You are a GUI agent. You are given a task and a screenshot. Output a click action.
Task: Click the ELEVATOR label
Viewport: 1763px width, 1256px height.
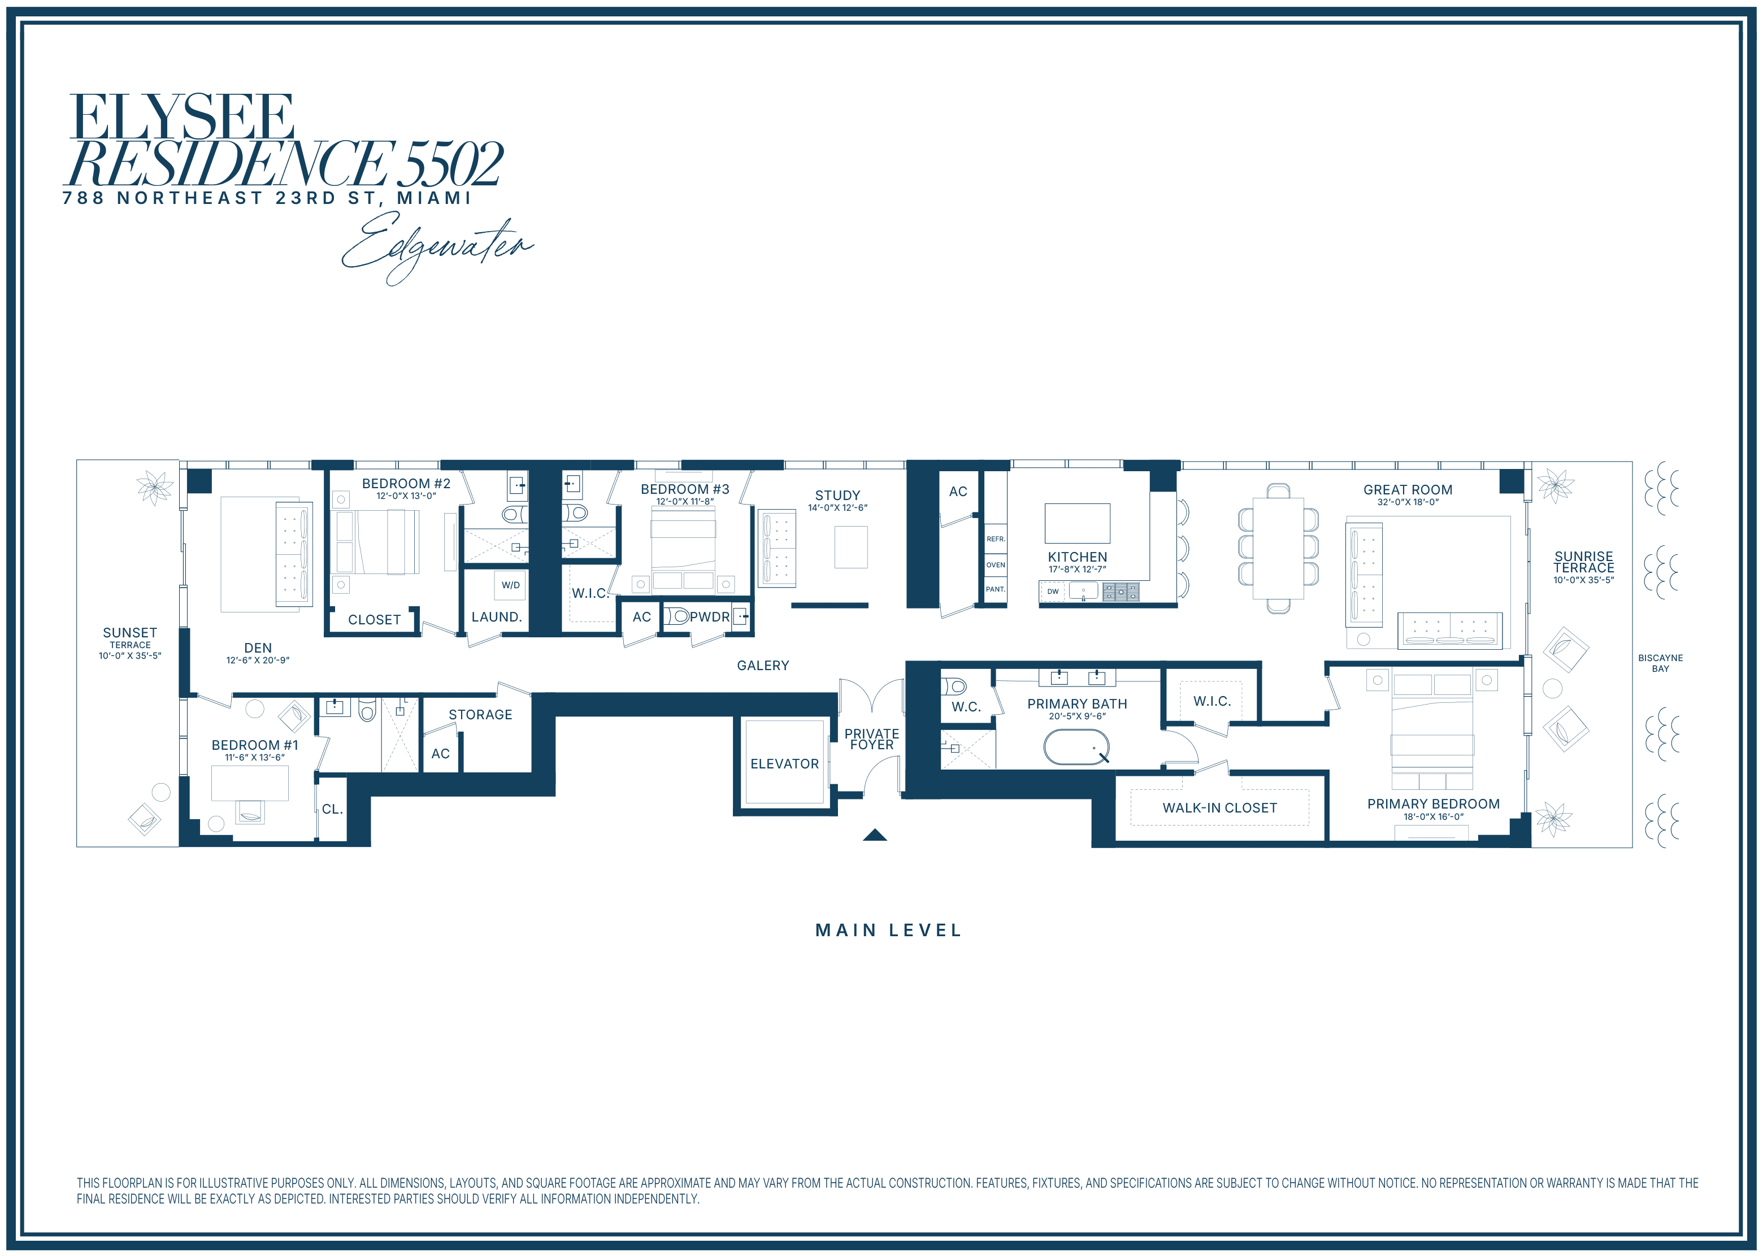784,763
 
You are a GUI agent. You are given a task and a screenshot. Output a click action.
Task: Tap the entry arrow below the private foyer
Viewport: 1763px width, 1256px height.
875,835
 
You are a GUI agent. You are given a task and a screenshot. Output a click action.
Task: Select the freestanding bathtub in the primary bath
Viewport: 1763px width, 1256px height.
1076,747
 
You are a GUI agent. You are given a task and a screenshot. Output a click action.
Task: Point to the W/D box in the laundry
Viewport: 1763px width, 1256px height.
510,585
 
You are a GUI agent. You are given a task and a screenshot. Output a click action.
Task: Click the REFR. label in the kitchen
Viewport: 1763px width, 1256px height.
996,539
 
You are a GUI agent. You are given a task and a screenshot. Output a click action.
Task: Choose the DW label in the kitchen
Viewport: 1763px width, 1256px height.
1052,592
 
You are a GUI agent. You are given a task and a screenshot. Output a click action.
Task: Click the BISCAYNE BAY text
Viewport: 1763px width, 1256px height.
1660,663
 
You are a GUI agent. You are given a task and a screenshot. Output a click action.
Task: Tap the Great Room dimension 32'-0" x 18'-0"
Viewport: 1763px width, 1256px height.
1408,502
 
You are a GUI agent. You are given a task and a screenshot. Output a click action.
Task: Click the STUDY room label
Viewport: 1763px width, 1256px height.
837,495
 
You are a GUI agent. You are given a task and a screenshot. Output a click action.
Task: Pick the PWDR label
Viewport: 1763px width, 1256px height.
710,616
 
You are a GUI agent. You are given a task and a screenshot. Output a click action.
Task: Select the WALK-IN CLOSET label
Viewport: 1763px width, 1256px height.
1219,807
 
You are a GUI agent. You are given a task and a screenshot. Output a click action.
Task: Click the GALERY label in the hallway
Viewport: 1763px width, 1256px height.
763,665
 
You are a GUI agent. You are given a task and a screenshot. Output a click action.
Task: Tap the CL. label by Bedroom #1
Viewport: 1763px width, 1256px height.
332,809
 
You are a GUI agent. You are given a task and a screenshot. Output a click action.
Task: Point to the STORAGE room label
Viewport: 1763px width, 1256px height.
480,715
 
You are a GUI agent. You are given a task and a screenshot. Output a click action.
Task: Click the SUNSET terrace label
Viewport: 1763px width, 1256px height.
130,633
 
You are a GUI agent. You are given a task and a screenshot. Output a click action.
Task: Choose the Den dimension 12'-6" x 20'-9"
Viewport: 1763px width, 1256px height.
258,660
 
